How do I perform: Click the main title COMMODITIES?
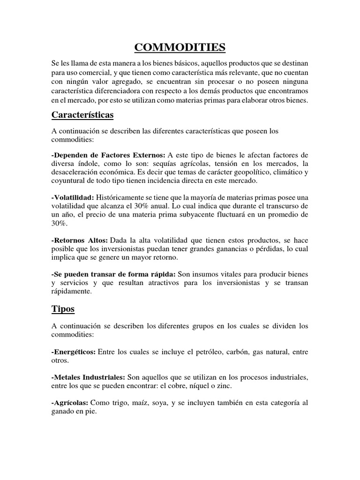(180, 47)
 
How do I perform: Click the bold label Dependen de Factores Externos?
(108, 155)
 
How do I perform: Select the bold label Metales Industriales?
(88, 377)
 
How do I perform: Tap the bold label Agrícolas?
(70, 403)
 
